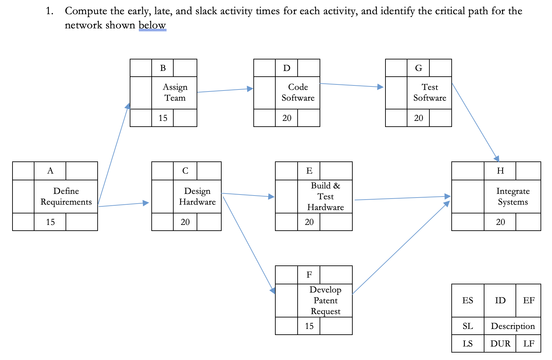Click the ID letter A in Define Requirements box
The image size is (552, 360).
tap(50, 171)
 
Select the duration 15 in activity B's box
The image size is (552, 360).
tap(163, 118)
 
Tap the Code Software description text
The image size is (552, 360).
tap(298, 92)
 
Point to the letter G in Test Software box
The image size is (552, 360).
tap(418, 68)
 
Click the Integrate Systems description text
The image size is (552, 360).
tap(512, 196)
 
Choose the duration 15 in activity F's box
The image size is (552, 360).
tap(309, 326)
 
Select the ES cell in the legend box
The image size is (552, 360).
tap(468, 300)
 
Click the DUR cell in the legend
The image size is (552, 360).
tap(500, 343)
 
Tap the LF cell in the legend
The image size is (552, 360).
tap(528, 343)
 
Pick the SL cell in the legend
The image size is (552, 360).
tap(468, 326)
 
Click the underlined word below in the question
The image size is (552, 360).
tap(152, 25)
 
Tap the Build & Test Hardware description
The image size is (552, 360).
tap(325, 196)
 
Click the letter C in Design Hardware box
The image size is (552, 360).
tap(185, 171)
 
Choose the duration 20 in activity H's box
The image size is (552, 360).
tap(500, 222)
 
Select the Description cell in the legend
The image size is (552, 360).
tap(512, 326)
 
